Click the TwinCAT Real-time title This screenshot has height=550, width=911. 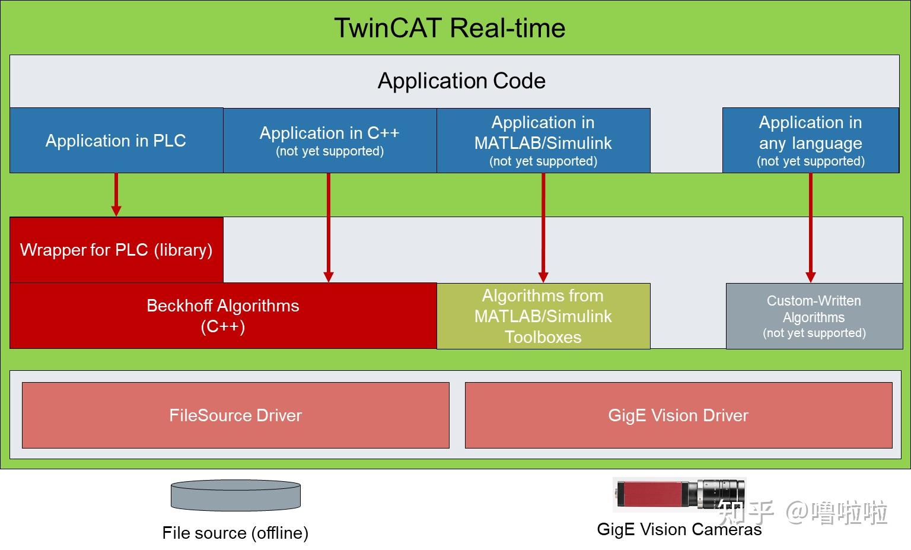450,28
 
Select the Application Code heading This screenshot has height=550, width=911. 461,81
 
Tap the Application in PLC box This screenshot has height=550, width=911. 116,141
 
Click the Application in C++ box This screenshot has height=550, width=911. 330,141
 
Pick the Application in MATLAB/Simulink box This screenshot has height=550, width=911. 543,141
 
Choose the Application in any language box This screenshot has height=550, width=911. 810,141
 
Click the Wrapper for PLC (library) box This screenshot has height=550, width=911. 116,250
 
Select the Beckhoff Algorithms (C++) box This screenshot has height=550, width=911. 223,316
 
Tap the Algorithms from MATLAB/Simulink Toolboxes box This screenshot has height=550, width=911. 543,316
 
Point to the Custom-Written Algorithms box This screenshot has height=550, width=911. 814,316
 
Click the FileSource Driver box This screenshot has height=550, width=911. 235,415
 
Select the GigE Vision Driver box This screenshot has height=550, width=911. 679,415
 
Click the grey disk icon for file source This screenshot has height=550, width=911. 235,496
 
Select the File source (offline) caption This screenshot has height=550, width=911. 235,533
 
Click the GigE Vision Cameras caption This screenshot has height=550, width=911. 679,529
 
